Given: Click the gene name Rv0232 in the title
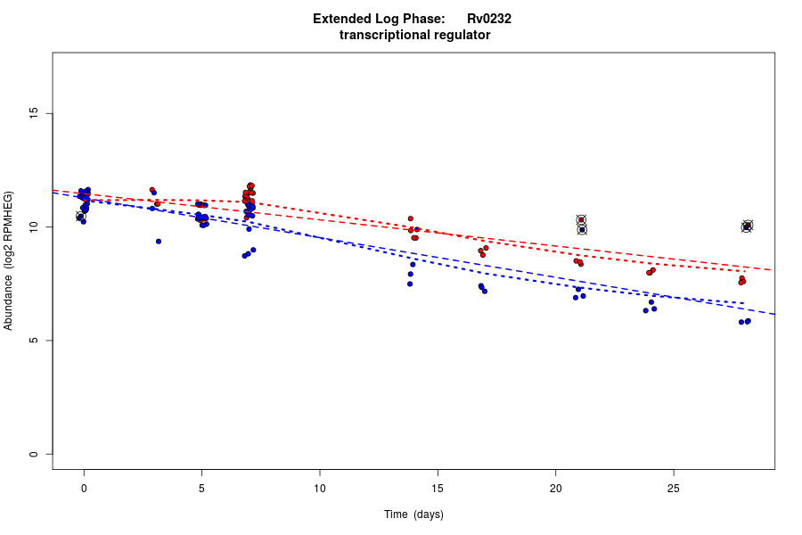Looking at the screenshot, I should [x=489, y=19].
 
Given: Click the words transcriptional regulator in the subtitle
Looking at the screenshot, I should [x=415, y=35].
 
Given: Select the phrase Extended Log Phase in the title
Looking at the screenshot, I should [x=379, y=19].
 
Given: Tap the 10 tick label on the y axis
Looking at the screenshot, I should [x=34, y=227].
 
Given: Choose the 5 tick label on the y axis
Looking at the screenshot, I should [x=34, y=341].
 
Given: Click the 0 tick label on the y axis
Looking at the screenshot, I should [x=34, y=454].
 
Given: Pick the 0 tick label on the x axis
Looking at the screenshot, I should [x=84, y=489].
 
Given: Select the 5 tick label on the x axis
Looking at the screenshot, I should [x=201, y=489].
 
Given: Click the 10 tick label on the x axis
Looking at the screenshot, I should [x=319, y=489].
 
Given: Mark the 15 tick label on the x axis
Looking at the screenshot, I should [x=438, y=489].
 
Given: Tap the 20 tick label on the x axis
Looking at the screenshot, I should [x=555, y=489].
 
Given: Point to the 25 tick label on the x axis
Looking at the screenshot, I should [x=674, y=489].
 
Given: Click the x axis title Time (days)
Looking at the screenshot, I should [x=413, y=514].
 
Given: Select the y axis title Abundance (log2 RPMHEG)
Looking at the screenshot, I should [x=9, y=260].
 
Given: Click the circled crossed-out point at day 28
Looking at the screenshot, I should [x=747, y=226].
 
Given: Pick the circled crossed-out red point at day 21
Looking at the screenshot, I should [x=581, y=219].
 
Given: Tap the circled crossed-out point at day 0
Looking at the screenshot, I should [x=80, y=217].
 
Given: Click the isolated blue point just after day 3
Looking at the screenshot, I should [x=159, y=241].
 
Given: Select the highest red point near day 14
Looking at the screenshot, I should [x=411, y=218].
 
